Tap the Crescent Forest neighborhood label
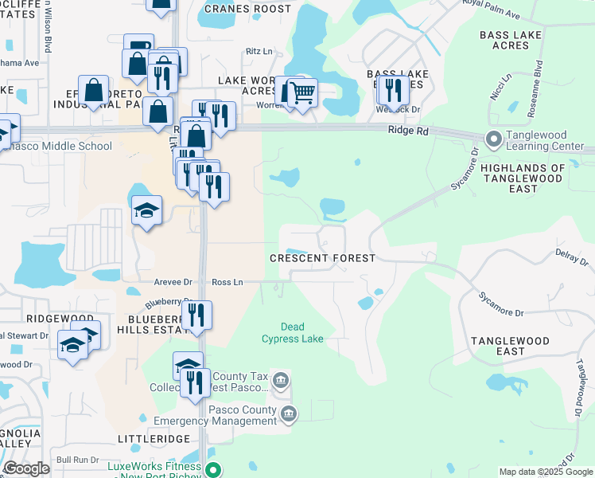click(x=322, y=258)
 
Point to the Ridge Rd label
click(x=408, y=131)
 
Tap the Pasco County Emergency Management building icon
click(x=289, y=413)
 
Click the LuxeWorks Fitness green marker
click(x=212, y=469)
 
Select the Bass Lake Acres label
click(x=515, y=40)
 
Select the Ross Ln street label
click(x=227, y=282)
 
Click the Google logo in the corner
click(x=26, y=468)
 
